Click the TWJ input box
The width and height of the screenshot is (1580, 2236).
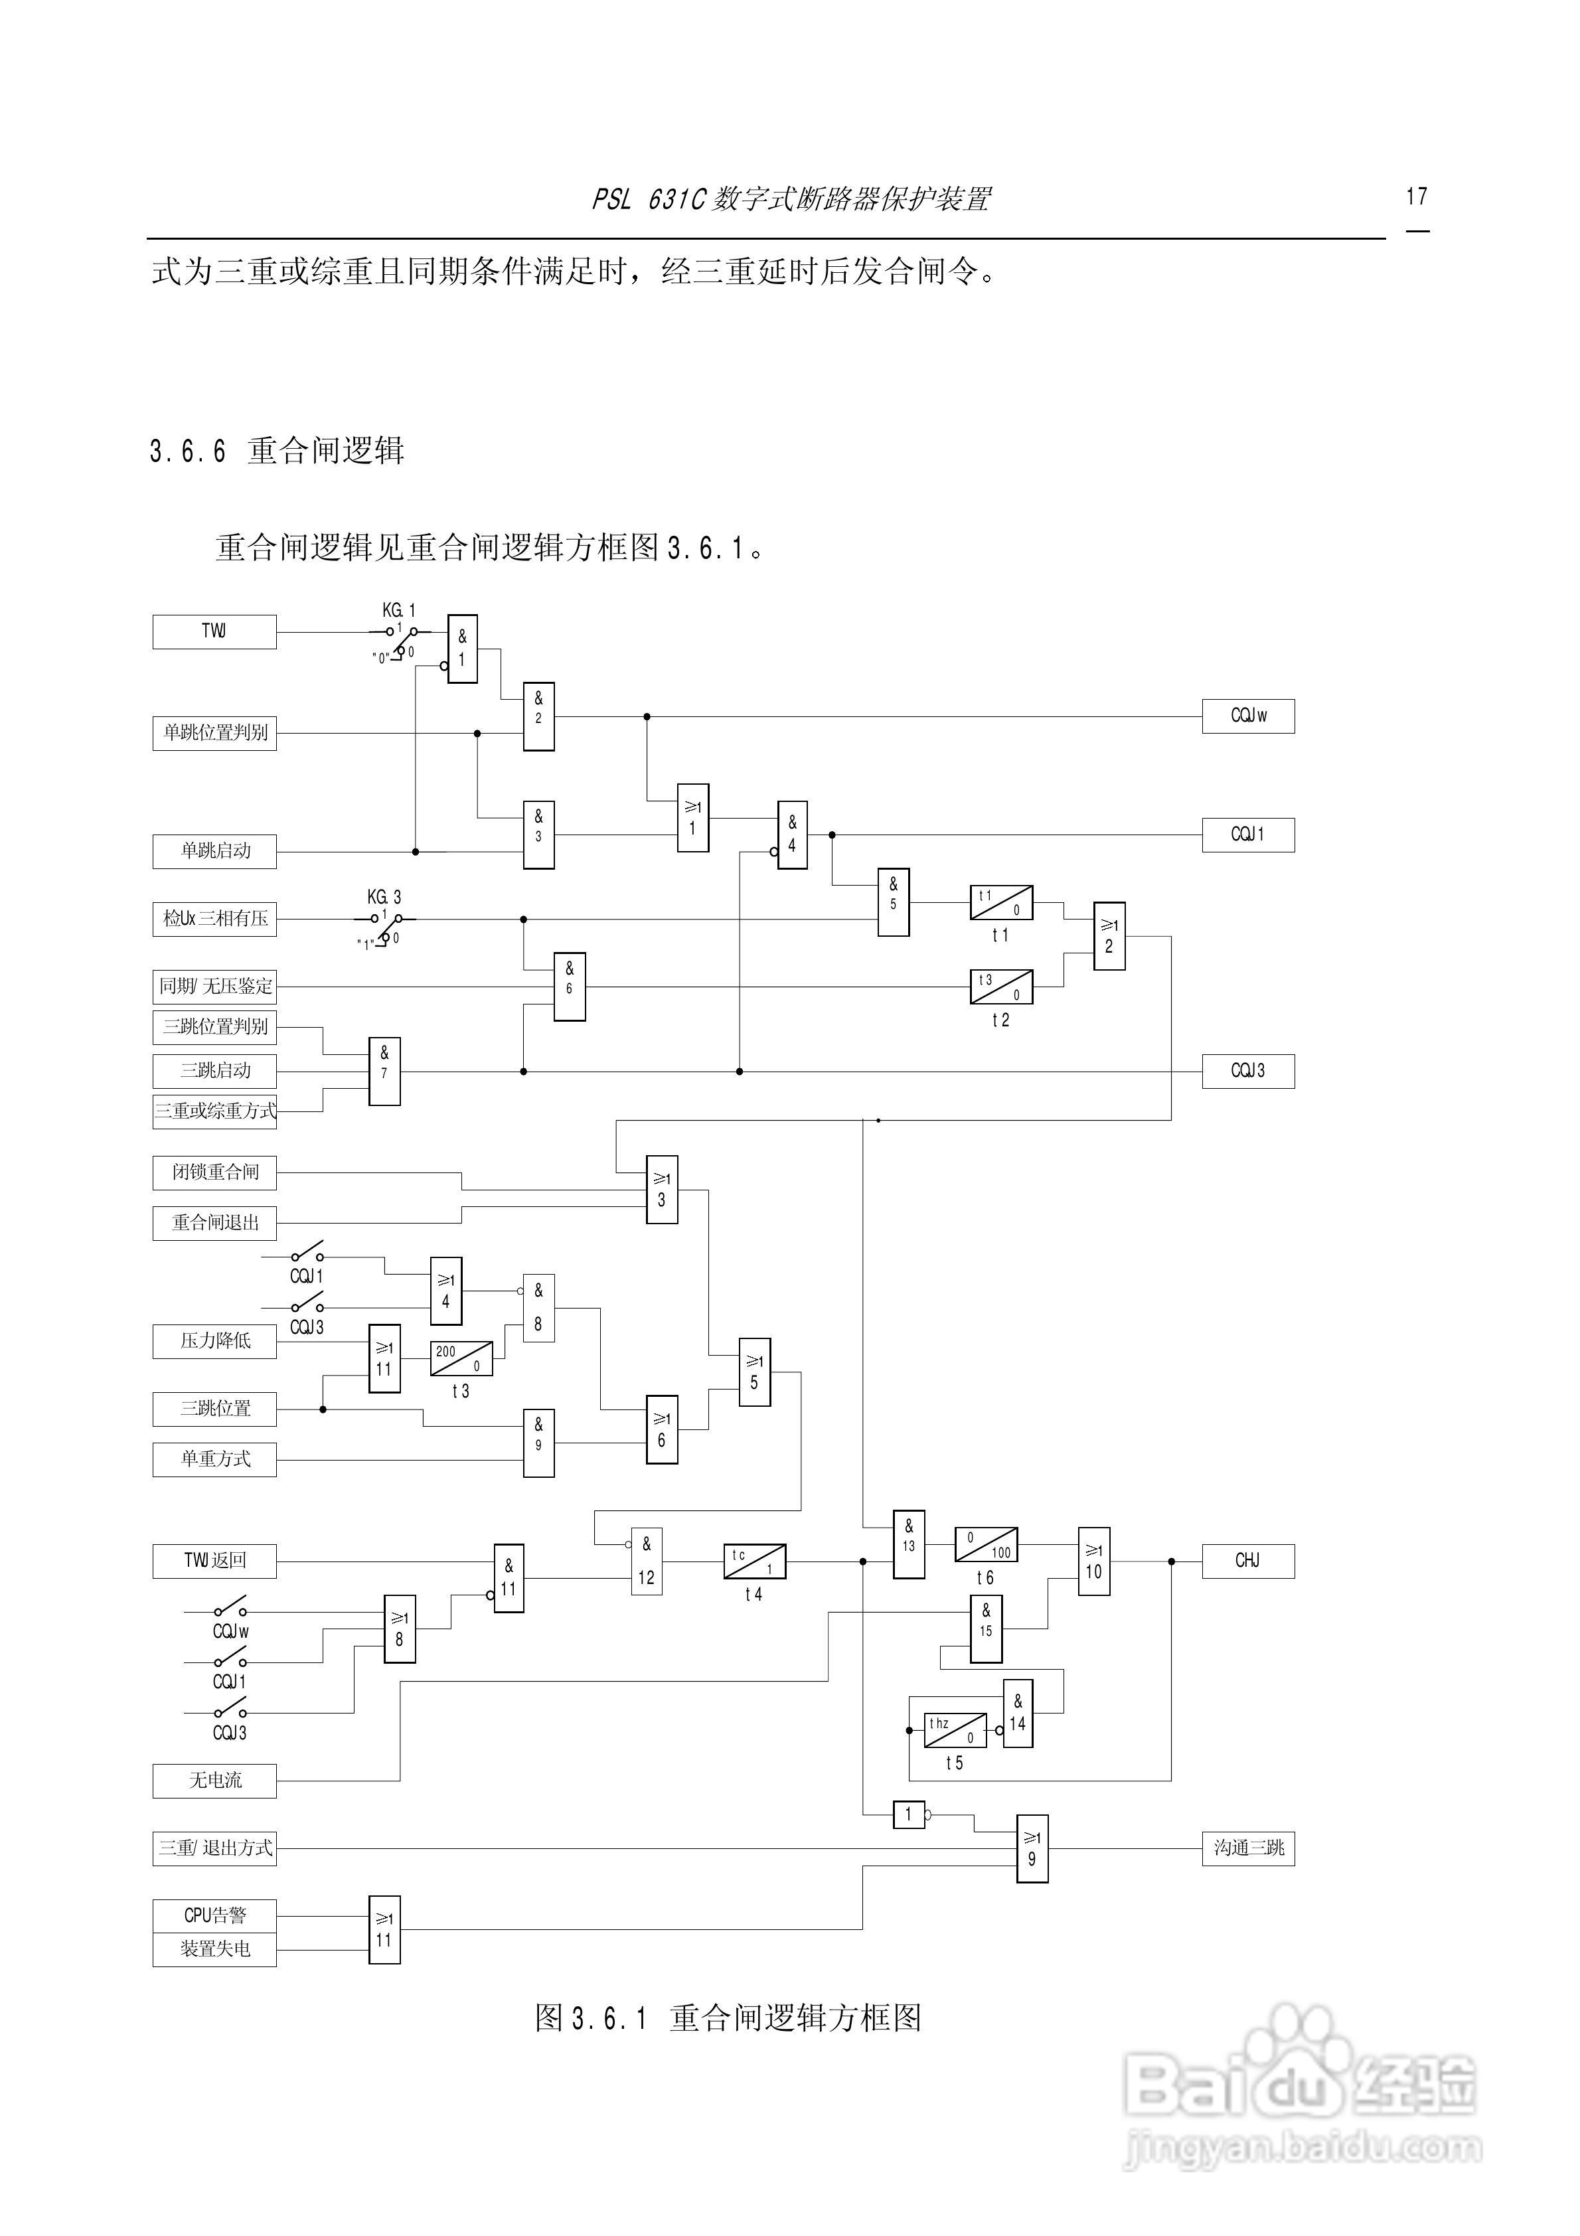(214, 631)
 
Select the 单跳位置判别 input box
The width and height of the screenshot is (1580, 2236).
(214, 734)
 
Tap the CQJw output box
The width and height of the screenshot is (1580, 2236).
(1248, 716)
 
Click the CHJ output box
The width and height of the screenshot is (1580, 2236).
(1248, 1561)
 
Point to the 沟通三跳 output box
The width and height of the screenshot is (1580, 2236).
(1248, 1848)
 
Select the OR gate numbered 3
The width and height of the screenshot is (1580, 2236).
(661, 1189)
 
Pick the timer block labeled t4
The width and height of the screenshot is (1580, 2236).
(754, 1561)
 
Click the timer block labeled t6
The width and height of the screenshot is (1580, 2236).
(986, 1545)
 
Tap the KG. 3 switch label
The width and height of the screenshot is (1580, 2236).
(384, 897)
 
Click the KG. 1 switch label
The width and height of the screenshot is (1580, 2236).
(398, 611)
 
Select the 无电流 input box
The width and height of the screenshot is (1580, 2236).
(214, 1780)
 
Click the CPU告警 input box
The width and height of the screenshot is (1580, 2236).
(214, 1915)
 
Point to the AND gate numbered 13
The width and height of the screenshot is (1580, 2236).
(909, 1545)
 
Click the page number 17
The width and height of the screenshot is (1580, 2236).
(1416, 197)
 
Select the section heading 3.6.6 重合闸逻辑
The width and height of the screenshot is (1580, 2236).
(277, 451)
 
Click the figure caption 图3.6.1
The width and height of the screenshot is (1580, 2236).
(728, 2017)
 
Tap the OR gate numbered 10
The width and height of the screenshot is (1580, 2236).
(1094, 1561)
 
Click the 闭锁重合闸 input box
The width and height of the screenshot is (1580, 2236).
(214, 1172)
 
